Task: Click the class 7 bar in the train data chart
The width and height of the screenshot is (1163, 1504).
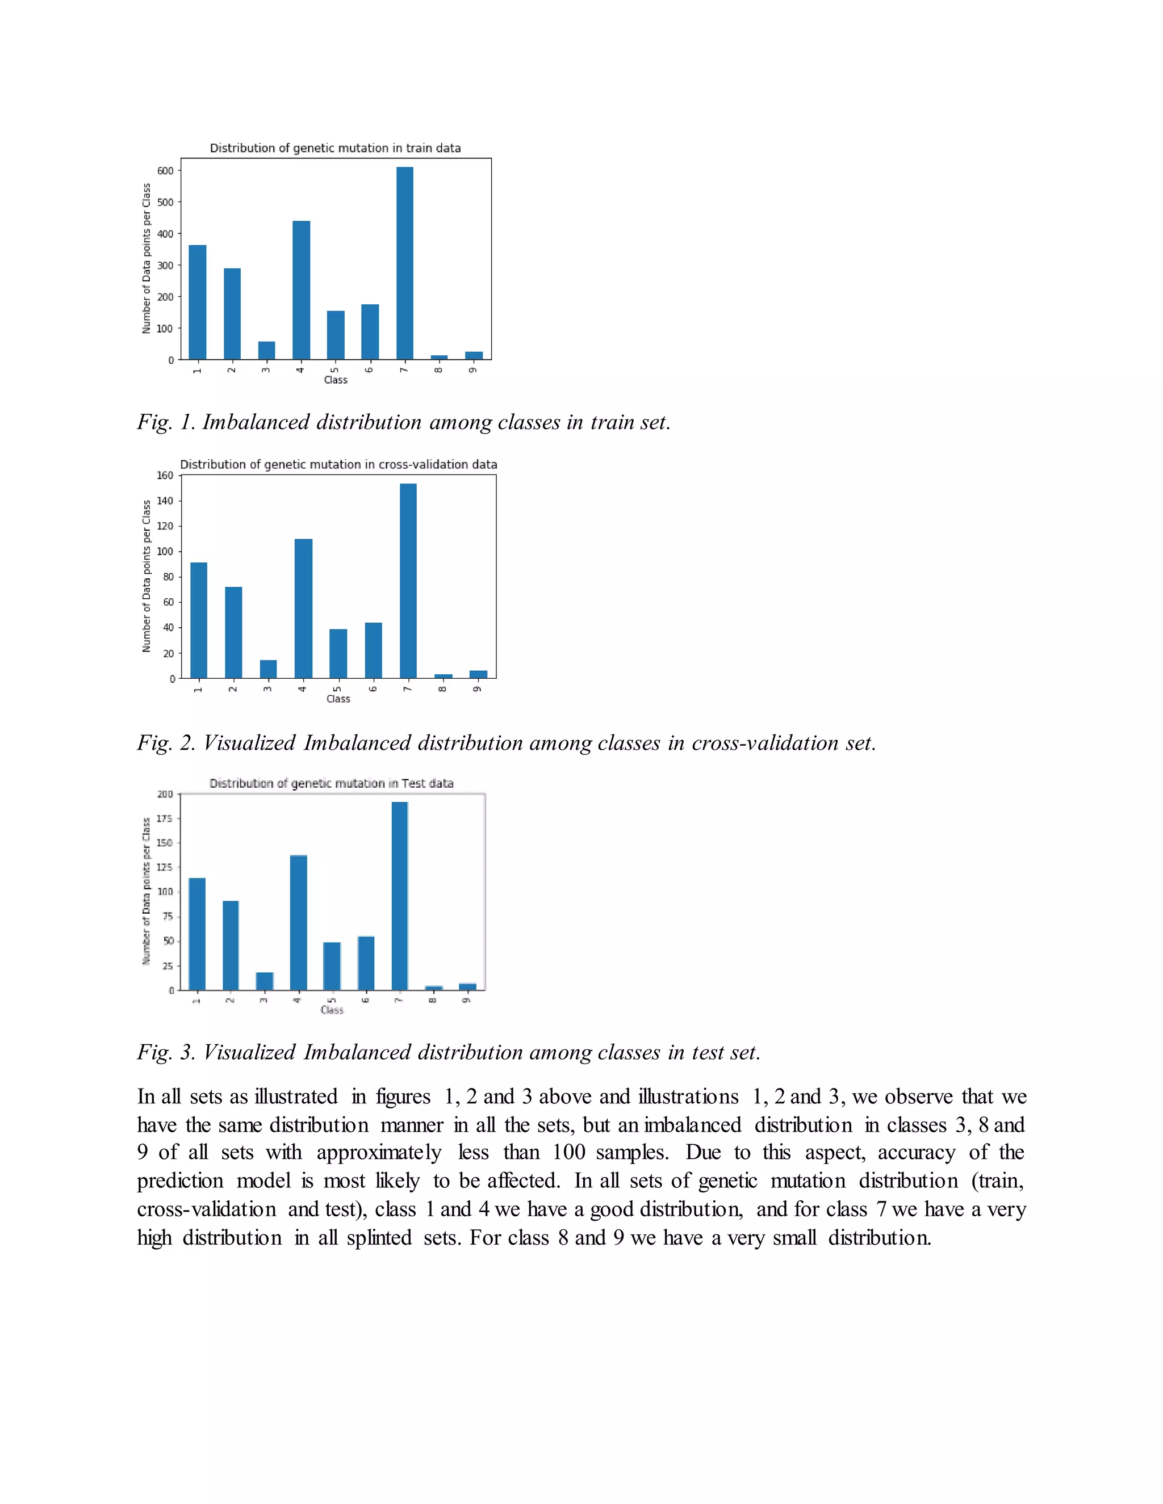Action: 404,263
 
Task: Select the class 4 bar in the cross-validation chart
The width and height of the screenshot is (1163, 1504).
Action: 303,609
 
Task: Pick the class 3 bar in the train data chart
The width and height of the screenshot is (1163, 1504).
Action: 267,351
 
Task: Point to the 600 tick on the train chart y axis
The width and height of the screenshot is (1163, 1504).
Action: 165,171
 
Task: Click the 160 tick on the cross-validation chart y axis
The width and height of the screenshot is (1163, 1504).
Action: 165,475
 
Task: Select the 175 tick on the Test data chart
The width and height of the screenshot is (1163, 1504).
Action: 164,818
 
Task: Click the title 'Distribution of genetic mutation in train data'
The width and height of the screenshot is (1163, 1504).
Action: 335,148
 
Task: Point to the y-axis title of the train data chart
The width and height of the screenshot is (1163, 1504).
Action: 146,258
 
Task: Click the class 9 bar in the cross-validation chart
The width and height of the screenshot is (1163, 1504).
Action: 478,674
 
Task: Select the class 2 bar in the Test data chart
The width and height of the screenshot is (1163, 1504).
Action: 230,945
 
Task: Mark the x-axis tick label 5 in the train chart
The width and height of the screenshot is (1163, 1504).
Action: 336,370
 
